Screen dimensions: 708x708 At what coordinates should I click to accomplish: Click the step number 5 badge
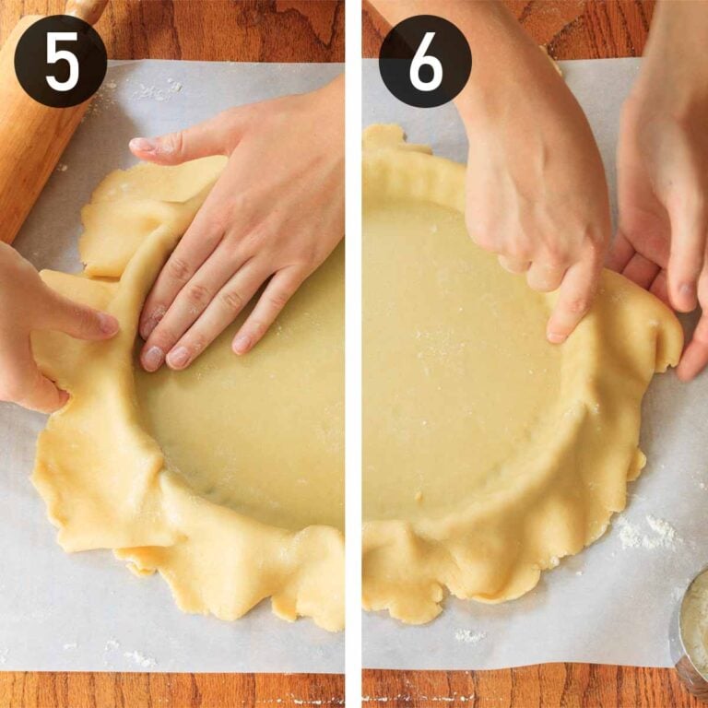[60, 61]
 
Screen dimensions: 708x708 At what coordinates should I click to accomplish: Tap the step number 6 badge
[425, 61]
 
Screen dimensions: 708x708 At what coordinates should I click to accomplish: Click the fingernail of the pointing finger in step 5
[109, 324]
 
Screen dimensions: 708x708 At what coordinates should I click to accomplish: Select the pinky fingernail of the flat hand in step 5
[242, 344]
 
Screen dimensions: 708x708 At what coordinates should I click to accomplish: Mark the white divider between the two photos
[353, 369]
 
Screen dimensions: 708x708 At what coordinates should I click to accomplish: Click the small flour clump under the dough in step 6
[468, 635]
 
